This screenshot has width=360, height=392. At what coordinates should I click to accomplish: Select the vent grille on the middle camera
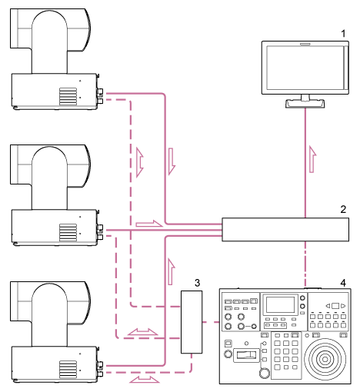(68, 231)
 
